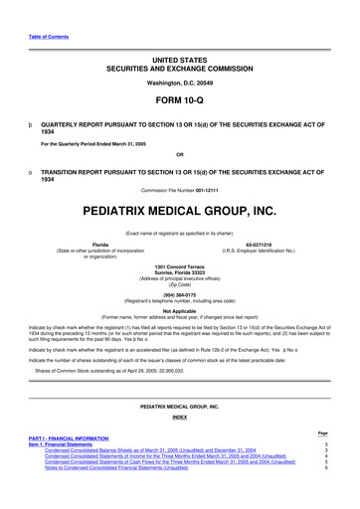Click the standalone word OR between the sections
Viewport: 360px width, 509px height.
coord(179,154)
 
